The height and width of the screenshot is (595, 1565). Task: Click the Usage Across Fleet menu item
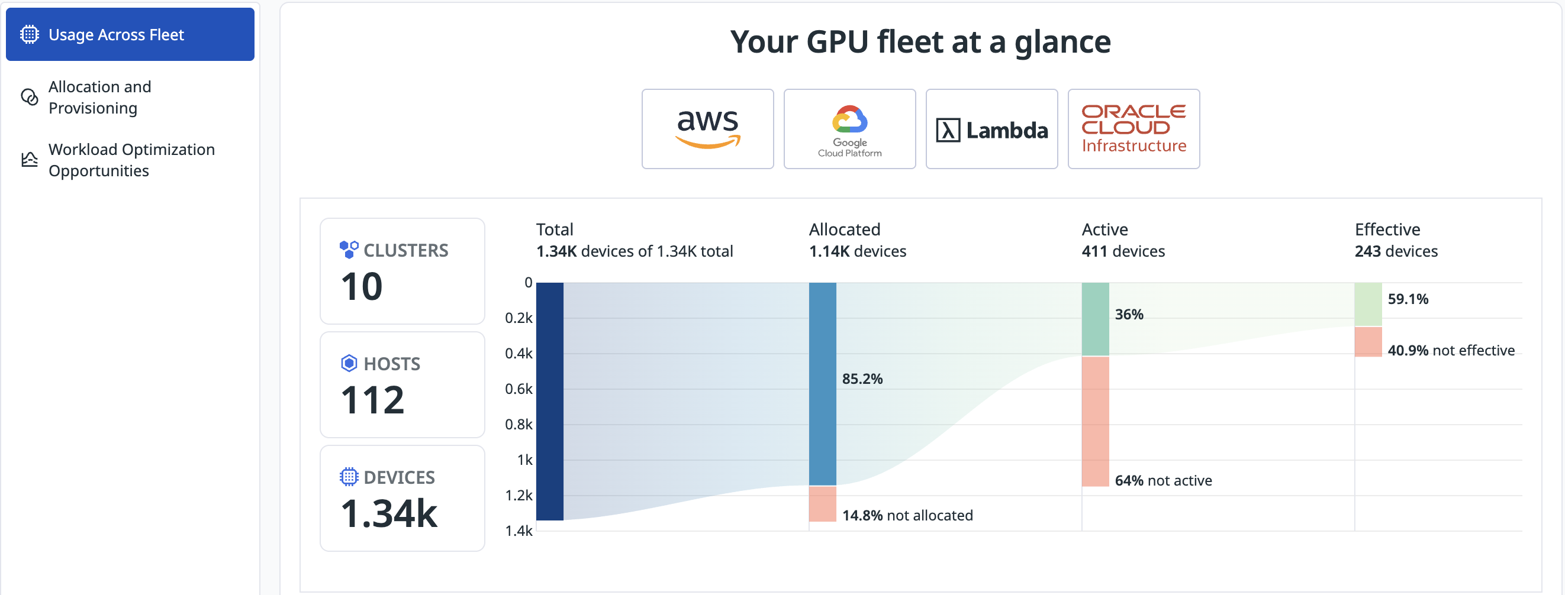coord(130,35)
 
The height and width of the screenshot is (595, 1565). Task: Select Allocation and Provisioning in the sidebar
coord(99,97)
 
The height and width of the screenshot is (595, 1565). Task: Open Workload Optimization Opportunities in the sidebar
coord(131,160)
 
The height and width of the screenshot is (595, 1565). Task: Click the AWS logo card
coord(707,129)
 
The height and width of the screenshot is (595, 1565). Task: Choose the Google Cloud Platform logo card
coord(849,129)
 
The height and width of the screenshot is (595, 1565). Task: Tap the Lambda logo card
coord(991,129)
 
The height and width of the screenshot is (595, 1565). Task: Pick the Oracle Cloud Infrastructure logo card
coord(1134,129)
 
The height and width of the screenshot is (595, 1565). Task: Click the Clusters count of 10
coord(362,287)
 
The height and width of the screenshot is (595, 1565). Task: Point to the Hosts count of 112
coord(372,400)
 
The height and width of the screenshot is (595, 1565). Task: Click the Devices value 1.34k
coord(389,513)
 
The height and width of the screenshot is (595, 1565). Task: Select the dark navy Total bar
coord(550,401)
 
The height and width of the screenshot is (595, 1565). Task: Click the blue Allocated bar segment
coord(823,384)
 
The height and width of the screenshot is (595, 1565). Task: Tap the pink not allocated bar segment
coord(823,504)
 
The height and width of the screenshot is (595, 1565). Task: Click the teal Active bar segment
coord(1096,319)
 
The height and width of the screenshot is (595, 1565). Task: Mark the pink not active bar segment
coord(1096,421)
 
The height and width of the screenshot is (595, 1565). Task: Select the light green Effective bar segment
coord(1368,304)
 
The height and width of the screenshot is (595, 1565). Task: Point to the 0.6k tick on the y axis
coord(519,389)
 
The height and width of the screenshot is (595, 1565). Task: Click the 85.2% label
coord(862,379)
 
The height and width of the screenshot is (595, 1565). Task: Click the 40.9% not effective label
coord(1451,350)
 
